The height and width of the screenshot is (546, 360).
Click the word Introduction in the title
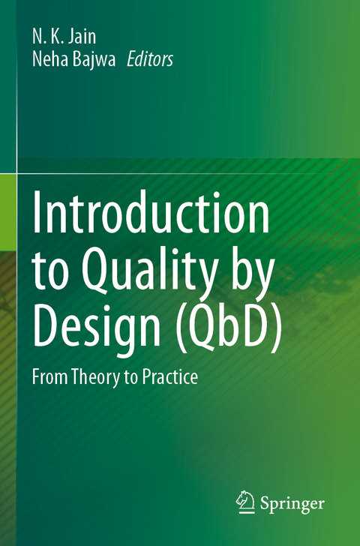pyautogui.click(x=151, y=215)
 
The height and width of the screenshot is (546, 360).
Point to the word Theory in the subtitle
pyautogui.click(x=95, y=377)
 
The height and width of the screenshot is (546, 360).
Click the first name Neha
pyautogui.click(x=47, y=60)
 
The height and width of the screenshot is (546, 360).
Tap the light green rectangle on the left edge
pyautogui.click(x=7, y=202)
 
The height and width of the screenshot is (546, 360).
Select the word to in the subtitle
pyautogui.click(x=130, y=377)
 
